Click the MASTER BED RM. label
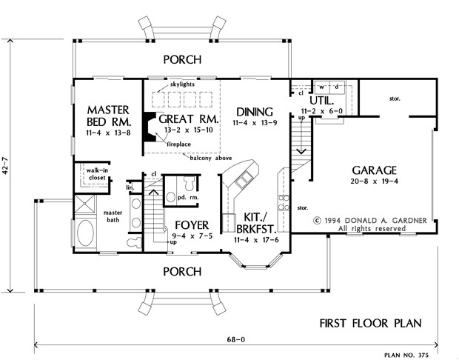point(109,116)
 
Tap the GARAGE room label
point(374,170)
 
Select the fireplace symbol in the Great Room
point(150,127)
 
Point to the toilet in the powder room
point(189,184)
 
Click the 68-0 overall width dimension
point(236,339)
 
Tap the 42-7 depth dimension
point(5,165)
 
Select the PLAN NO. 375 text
point(406,356)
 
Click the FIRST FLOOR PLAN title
point(370,324)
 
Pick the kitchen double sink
point(244,179)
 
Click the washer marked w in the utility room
point(322,87)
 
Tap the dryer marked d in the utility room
point(337,87)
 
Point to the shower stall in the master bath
point(84,204)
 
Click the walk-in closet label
point(96,174)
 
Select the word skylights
point(182,84)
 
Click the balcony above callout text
point(211,159)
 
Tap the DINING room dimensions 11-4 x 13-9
point(255,123)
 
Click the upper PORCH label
point(182,59)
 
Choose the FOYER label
point(192,225)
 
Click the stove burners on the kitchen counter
point(284,202)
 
